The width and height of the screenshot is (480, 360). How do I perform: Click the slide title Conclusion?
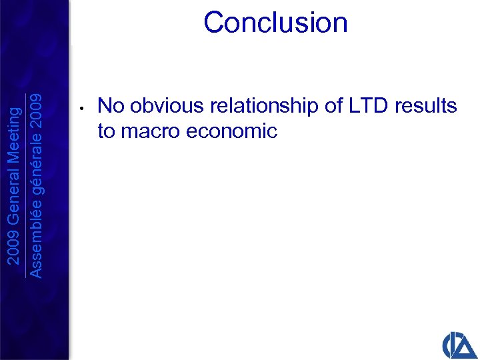pyautogui.click(x=275, y=22)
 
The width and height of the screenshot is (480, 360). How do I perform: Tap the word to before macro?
pyautogui.click(x=107, y=131)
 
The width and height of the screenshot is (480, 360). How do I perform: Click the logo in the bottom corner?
pyautogui.click(x=459, y=343)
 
